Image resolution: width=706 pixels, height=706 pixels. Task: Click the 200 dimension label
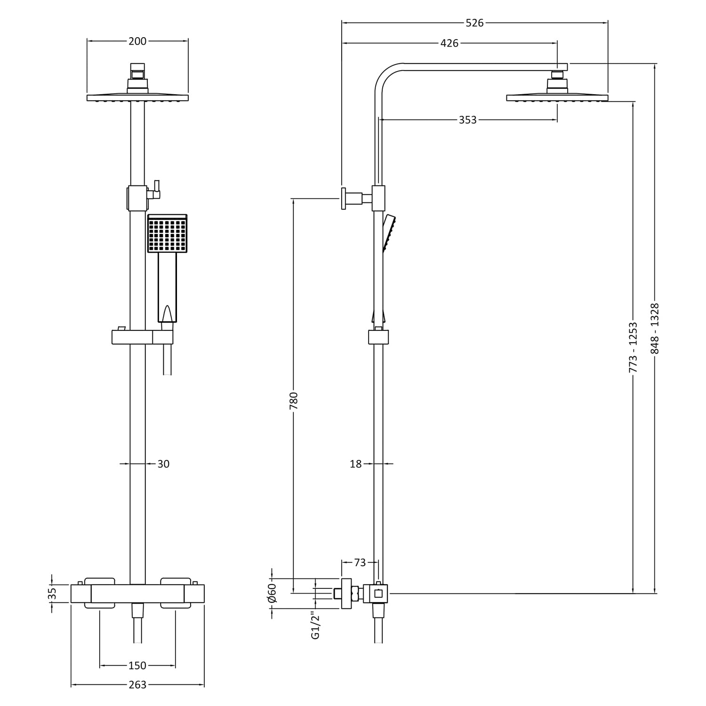click(x=137, y=41)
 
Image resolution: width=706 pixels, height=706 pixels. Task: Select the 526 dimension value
click(x=474, y=23)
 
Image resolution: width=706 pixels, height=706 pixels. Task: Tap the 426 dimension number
click(x=449, y=43)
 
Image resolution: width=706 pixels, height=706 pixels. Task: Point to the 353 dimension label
click(x=467, y=120)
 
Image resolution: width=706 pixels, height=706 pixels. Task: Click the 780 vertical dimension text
click(x=294, y=401)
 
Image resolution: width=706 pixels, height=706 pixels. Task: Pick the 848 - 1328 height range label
click(x=655, y=329)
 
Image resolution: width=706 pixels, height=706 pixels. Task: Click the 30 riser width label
click(x=163, y=464)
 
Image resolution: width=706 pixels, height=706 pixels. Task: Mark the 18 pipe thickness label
click(x=356, y=464)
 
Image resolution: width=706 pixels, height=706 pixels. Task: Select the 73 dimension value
click(x=360, y=562)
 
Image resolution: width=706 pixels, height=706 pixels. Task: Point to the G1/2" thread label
click(x=315, y=626)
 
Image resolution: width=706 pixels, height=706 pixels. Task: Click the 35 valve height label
click(x=52, y=593)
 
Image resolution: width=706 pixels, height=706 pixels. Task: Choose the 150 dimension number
click(x=137, y=666)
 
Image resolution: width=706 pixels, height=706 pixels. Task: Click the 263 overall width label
click(x=137, y=685)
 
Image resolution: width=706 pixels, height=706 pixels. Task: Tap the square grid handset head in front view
click(x=167, y=233)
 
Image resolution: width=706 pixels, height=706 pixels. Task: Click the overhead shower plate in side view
click(x=557, y=98)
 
